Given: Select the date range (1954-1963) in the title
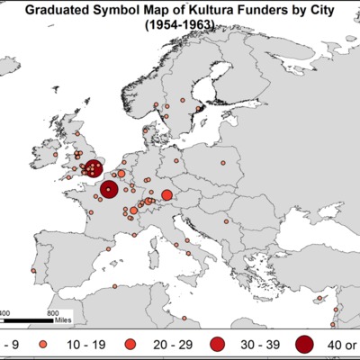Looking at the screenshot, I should (x=180, y=27).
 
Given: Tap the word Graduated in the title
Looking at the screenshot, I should (x=67, y=12).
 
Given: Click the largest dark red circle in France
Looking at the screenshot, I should (x=109, y=189).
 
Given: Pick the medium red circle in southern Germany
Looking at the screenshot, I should (x=166, y=195).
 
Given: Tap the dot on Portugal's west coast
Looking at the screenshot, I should (x=33, y=269).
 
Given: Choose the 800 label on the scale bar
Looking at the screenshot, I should (x=53, y=312).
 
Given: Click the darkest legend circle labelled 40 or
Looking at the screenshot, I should (x=303, y=344).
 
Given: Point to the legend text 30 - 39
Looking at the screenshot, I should (x=256, y=345).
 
